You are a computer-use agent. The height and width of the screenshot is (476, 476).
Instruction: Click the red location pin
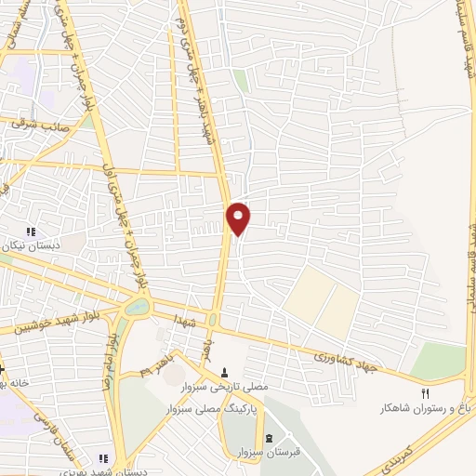[x=239, y=218]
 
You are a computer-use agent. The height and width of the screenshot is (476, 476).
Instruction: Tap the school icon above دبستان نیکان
[x=31, y=231]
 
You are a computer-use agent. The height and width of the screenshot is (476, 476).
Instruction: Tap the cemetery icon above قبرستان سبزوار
[x=270, y=438]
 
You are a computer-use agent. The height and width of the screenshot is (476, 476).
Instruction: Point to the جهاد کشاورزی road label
[x=346, y=358]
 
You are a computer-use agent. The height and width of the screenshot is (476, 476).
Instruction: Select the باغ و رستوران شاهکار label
[x=423, y=407]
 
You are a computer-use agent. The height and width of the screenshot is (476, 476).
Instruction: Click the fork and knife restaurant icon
[x=427, y=392]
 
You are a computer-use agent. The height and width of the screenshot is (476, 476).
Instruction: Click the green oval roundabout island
[x=133, y=308]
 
